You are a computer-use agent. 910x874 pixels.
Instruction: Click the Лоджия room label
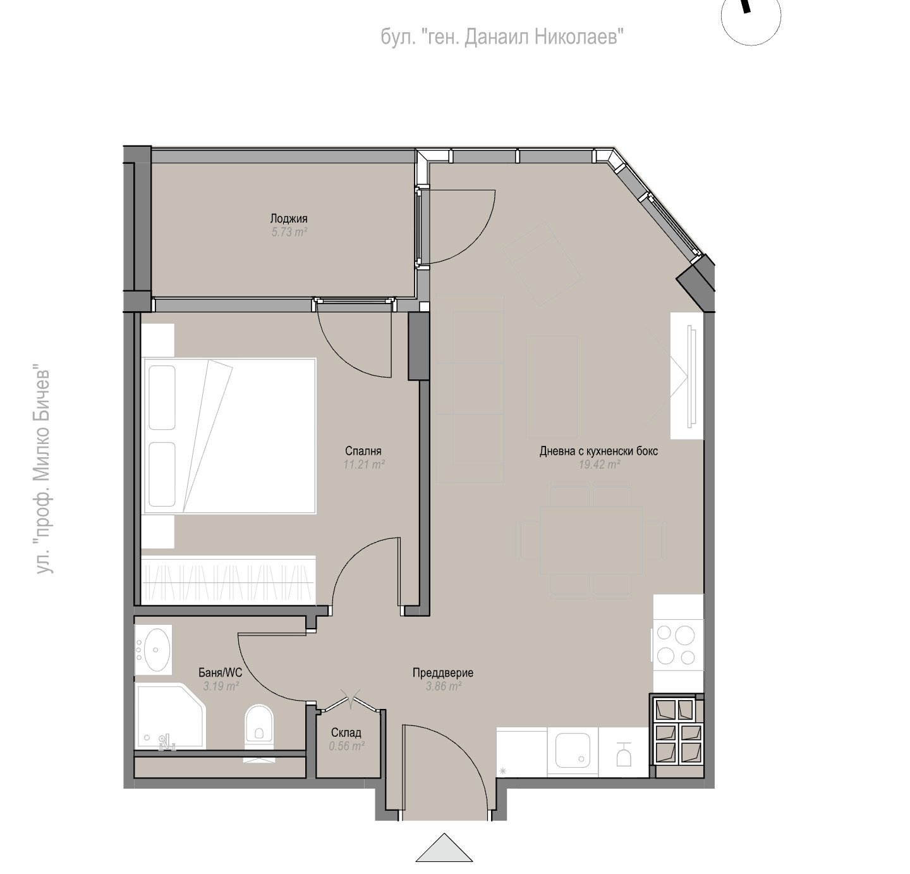[x=289, y=219]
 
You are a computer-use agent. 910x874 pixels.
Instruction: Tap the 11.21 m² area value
[x=364, y=465]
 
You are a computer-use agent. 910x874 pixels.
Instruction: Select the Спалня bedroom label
[x=363, y=451]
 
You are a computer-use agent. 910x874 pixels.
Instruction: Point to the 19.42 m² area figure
[x=599, y=465]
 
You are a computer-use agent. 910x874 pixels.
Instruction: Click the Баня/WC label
[x=221, y=673]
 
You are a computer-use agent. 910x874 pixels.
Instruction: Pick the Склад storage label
[x=346, y=733]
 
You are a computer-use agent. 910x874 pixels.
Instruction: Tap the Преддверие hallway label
[x=443, y=673]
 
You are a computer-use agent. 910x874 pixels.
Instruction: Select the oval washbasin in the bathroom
[x=156, y=650]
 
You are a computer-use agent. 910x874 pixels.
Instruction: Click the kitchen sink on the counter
[x=572, y=751]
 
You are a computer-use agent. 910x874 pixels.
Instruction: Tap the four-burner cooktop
[x=676, y=645]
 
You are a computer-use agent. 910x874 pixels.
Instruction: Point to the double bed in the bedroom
[x=229, y=436]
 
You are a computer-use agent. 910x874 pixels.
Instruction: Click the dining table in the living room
[x=591, y=541]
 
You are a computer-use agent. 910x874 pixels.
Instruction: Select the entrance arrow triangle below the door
[x=444, y=848]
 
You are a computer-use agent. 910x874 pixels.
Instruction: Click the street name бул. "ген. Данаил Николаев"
[x=502, y=37]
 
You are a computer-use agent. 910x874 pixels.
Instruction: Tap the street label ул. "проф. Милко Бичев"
[x=43, y=472]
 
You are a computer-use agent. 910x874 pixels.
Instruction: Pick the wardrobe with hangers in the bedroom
[x=229, y=580]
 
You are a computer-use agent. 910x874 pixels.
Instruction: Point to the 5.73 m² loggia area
[x=289, y=232]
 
